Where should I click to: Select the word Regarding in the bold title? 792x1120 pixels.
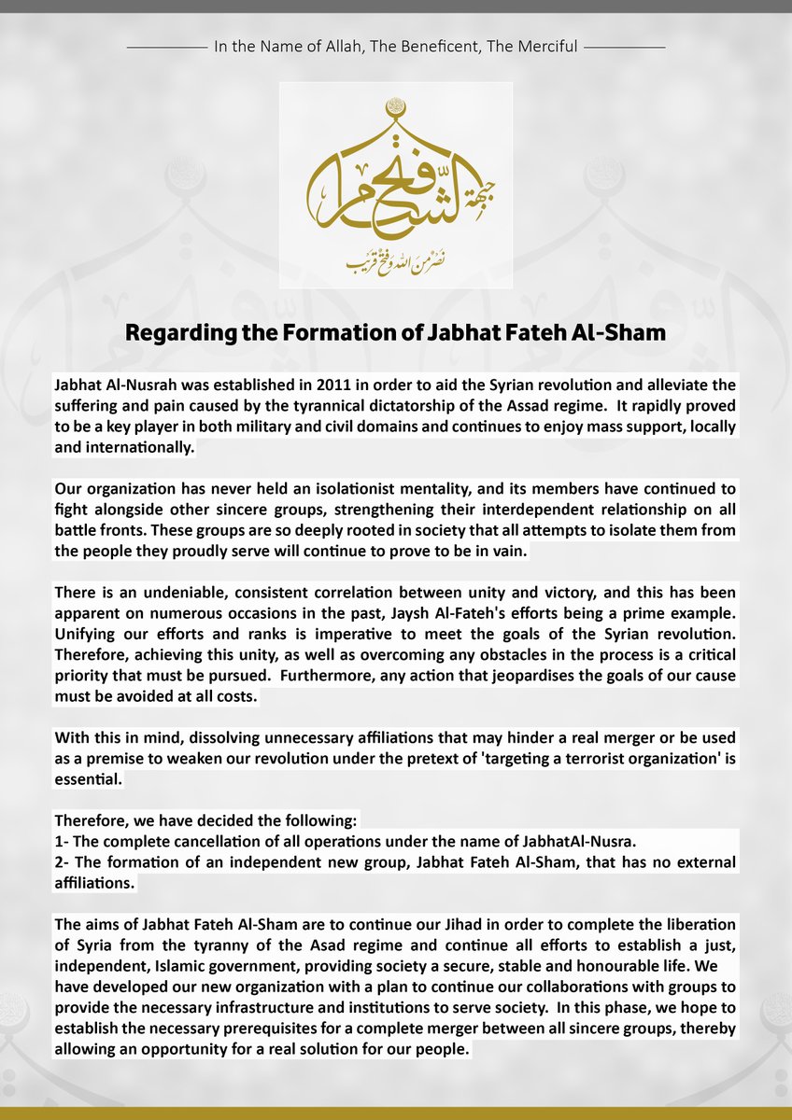pyautogui.click(x=175, y=334)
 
